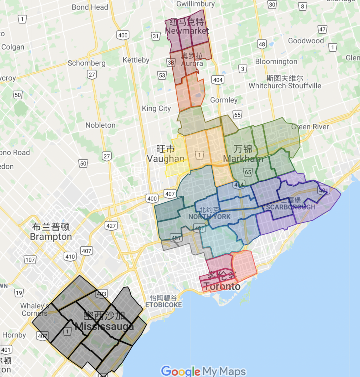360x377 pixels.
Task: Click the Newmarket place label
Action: pyautogui.click(x=187, y=31)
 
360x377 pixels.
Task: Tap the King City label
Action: pyautogui.click(x=156, y=108)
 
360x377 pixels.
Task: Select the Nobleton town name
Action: pyautogui.click(x=100, y=125)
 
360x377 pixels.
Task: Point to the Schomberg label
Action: pyautogui.click(x=86, y=63)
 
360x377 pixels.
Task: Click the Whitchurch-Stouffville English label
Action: pyautogui.click(x=285, y=86)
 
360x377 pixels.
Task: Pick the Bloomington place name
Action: pyautogui.click(x=276, y=62)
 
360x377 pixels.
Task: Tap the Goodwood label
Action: pyautogui.click(x=306, y=41)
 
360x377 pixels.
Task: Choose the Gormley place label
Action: pyautogui.click(x=224, y=100)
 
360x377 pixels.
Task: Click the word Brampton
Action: pyautogui.click(x=51, y=237)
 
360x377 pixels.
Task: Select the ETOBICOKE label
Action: pyautogui.click(x=164, y=305)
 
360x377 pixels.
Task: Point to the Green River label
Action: pyautogui.click(x=310, y=127)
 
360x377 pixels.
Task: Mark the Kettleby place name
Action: pyautogui.click(x=136, y=60)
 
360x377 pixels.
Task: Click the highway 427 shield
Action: pyautogui.click(x=111, y=226)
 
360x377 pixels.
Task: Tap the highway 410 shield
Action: pyautogui.click(x=70, y=256)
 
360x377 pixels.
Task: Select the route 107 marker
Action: pyautogui.click(x=30, y=259)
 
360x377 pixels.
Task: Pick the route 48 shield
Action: pyautogui.click(x=262, y=44)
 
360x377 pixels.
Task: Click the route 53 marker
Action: pyautogui.click(x=162, y=75)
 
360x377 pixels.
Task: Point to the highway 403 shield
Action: pyautogui.click(x=101, y=294)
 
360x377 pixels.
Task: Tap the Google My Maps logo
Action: pyautogui.click(x=203, y=371)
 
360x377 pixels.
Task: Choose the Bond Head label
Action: pyautogui.click(x=90, y=7)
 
